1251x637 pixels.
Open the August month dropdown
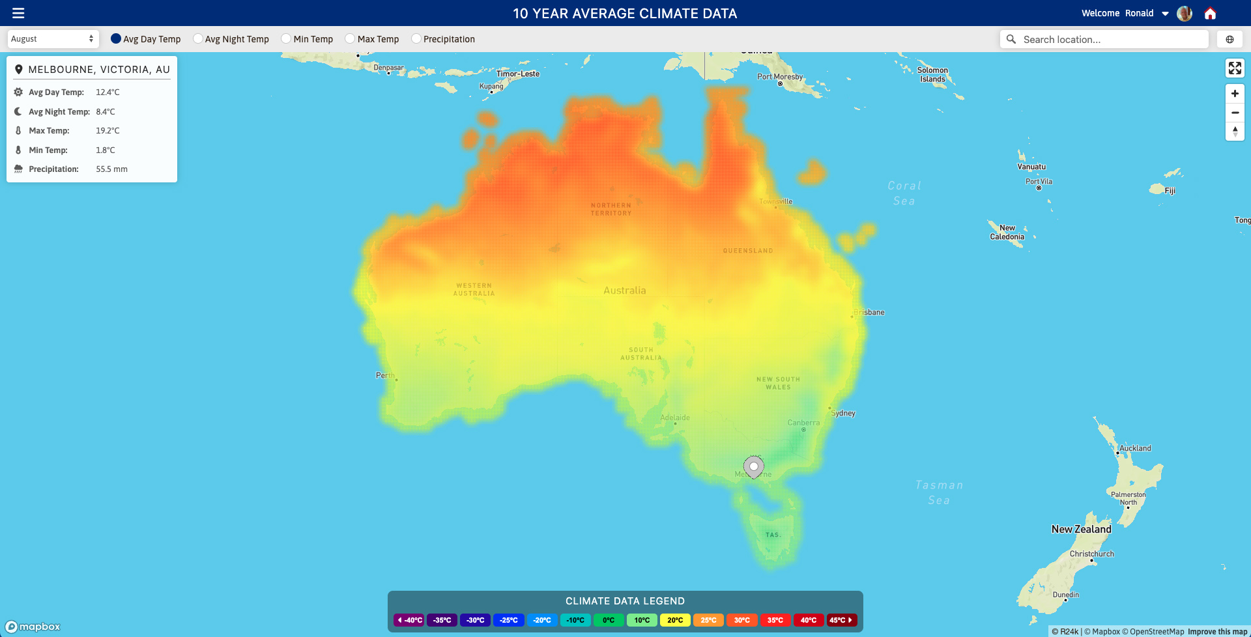click(53, 39)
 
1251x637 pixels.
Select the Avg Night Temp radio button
click(198, 39)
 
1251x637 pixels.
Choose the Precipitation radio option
click(416, 39)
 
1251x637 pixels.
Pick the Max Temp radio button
click(351, 39)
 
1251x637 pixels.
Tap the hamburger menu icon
click(18, 13)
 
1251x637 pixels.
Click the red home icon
click(1210, 13)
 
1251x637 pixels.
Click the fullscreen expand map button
click(1235, 68)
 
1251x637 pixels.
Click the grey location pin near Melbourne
click(754, 466)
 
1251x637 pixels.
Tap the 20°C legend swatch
click(675, 620)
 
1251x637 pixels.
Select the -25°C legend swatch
click(509, 620)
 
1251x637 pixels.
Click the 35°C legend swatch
click(775, 620)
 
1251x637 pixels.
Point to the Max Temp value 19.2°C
click(108, 131)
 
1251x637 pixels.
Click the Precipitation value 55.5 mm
click(111, 169)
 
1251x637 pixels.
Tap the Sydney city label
click(843, 413)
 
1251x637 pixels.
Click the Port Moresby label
click(780, 77)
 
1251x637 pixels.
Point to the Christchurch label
click(1091, 554)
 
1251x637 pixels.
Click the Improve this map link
click(1216, 632)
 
